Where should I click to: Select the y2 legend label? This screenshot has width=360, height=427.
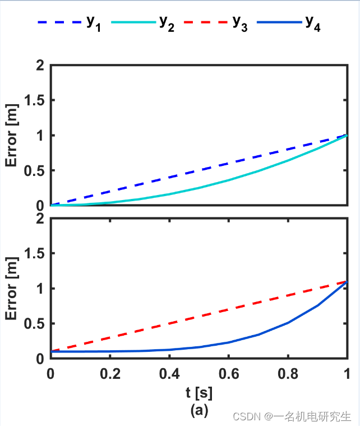(166, 24)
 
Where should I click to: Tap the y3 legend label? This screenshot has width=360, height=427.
(239, 24)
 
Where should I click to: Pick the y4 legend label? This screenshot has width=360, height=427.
(312, 24)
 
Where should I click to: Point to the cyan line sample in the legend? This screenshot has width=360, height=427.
(133, 22)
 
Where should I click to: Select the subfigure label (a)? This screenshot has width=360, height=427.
(199, 411)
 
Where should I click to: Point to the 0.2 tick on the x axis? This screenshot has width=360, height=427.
(110, 373)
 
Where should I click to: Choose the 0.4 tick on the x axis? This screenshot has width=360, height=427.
(169, 373)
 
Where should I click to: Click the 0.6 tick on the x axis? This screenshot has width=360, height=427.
(229, 373)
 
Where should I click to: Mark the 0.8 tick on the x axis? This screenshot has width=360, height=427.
(288, 373)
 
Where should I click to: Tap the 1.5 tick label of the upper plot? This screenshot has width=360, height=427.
(35, 100)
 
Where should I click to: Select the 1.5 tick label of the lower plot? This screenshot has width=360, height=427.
(35, 253)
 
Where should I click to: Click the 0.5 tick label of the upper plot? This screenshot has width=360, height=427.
(35, 170)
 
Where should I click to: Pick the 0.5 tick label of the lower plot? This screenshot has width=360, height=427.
(35, 323)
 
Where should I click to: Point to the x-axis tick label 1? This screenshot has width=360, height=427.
(347, 373)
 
